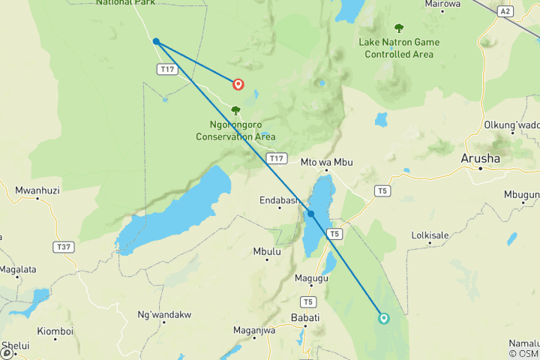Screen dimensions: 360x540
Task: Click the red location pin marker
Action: [238, 85]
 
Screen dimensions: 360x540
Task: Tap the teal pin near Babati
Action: [384, 318]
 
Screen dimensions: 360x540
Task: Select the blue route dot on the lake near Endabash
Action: [310, 214]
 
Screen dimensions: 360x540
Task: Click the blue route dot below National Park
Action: [156, 41]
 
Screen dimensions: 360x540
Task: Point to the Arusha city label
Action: [479, 158]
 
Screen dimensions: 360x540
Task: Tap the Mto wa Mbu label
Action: [326, 162]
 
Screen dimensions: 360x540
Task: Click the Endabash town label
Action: [280, 200]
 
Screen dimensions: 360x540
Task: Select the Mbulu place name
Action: [267, 251]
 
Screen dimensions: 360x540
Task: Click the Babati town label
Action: [305, 318]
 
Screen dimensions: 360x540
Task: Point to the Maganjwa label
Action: [254, 330]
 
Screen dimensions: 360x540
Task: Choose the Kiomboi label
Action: [55, 331]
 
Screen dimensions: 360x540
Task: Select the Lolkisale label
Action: [430, 235]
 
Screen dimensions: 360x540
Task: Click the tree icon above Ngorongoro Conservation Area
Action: [235, 110]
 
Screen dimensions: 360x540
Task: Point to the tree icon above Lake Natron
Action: [398, 28]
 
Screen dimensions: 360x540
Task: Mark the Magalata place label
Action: [18, 269]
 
